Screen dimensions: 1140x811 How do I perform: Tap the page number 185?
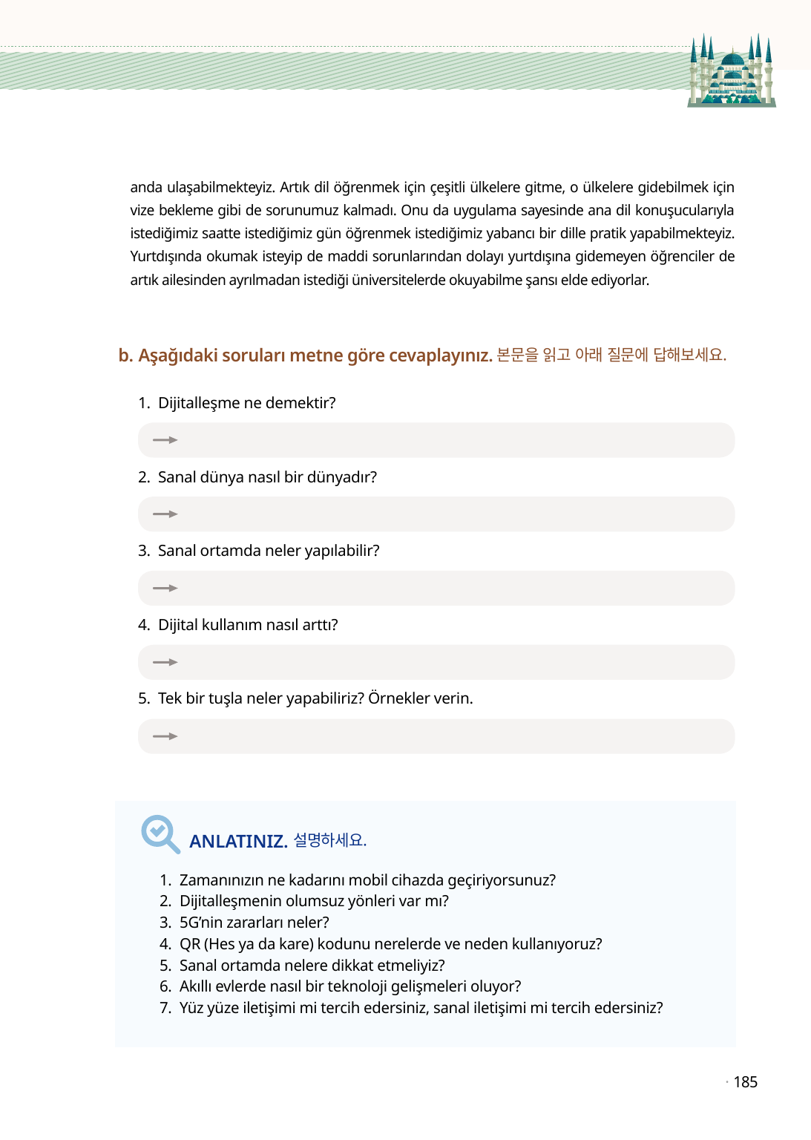point(745,1082)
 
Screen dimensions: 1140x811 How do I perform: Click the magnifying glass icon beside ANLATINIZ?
point(160,833)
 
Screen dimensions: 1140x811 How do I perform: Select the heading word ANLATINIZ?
point(238,841)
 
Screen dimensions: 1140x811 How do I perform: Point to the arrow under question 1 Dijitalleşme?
point(165,440)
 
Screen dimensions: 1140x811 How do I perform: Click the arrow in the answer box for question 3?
point(165,588)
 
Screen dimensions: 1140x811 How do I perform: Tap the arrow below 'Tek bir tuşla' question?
point(165,736)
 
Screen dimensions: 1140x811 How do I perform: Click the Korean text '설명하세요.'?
point(330,840)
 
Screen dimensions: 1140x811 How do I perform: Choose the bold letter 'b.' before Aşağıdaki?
point(125,356)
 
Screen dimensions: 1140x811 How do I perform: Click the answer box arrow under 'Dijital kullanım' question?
point(165,662)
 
